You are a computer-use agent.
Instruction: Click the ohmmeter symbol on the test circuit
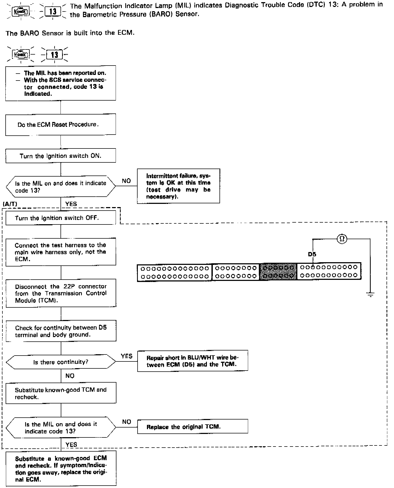[x=342, y=239]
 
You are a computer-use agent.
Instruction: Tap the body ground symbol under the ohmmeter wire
[x=370, y=295]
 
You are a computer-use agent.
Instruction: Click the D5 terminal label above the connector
[x=312, y=254]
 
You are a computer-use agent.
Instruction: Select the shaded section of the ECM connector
[x=278, y=271]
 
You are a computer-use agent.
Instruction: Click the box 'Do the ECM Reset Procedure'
[x=60, y=124]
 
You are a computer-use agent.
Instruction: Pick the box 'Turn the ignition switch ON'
[x=60, y=156]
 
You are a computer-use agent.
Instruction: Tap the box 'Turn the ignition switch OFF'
[x=60, y=218]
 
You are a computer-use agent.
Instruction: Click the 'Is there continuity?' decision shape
[x=61, y=362]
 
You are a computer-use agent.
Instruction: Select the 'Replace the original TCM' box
[x=192, y=427]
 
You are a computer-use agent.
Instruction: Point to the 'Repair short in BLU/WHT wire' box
[x=192, y=361]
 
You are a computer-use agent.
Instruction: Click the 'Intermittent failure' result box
[x=178, y=186]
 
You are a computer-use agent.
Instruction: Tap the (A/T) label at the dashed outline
[x=10, y=204]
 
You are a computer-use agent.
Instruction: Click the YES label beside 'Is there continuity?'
[x=127, y=356]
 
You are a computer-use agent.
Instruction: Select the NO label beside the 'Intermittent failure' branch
[x=126, y=181]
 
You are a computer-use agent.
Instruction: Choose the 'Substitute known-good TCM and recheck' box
[x=61, y=393]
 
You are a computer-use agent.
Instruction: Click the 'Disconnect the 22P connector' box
[x=61, y=293]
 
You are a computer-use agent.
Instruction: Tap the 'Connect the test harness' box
[x=61, y=252]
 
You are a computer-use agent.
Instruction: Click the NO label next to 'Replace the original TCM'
[x=127, y=422]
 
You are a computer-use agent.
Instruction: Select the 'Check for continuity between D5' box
[x=61, y=331]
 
